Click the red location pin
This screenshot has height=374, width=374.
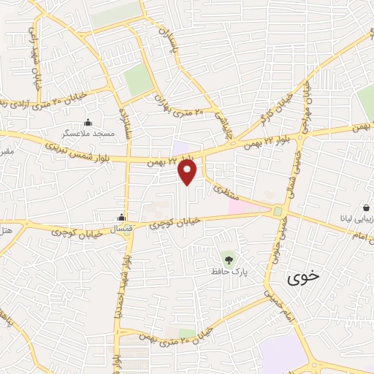[188, 172]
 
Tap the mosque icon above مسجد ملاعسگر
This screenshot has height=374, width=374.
[88, 122]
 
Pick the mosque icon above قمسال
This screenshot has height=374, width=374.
[121, 218]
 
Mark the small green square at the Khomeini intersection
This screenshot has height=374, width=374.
[278, 211]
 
